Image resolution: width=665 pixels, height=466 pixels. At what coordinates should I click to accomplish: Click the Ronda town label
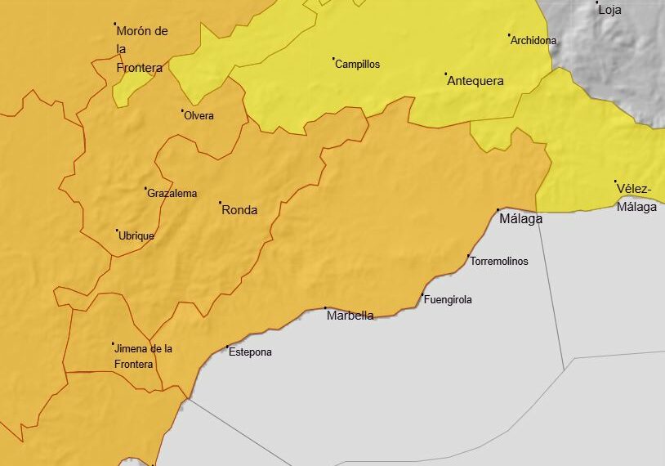[x=239, y=210]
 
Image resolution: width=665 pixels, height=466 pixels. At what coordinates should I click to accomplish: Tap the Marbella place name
[x=350, y=316]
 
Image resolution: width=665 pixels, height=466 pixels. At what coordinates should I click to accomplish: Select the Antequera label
[x=475, y=81]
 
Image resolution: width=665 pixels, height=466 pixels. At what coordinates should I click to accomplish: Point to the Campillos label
[x=358, y=65]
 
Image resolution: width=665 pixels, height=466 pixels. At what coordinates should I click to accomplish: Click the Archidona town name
[x=533, y=40]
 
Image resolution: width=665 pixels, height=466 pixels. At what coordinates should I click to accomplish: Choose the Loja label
[x=609, y=11]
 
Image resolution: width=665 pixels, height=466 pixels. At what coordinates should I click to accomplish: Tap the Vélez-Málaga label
[x=636, y=198]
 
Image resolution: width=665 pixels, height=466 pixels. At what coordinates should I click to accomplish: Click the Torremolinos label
[x=499, y=262]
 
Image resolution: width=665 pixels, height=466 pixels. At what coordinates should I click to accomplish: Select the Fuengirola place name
[x=448, y=300]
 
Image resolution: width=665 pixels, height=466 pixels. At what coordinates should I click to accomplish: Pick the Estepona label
[x=250, y=352]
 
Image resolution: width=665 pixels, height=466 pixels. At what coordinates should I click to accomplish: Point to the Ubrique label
[x=136, y=236]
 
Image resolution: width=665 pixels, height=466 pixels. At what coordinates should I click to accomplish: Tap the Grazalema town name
[x=172, y=194]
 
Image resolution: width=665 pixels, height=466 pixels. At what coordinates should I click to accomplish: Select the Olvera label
[x=199, y=116]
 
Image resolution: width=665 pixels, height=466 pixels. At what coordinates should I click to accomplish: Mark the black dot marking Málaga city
[x=498, y=210]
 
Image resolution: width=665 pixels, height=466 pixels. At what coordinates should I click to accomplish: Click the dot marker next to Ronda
[x=220, y=202]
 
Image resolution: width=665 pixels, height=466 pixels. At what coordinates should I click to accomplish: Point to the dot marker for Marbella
[x=325, y=307]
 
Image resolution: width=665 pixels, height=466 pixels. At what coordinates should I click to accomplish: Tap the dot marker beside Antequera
[x=446, y=74]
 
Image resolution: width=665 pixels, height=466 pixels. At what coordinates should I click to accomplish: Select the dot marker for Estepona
[x=227, y=347]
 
